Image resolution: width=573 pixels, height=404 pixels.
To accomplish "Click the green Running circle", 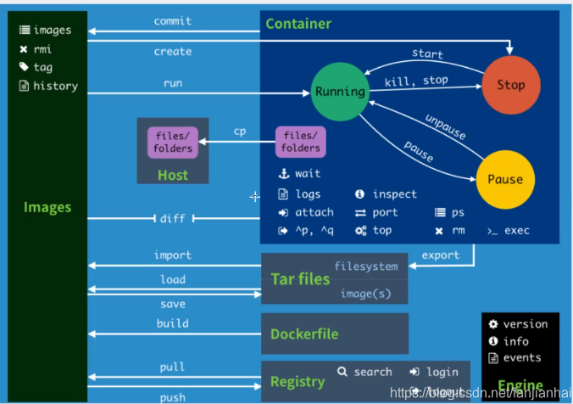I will pos(339,91).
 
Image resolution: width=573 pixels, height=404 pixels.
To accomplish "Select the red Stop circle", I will pos(510,84).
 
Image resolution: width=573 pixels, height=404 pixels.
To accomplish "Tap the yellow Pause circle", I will pos(505,179).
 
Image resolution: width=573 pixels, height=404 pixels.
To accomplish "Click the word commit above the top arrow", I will pos(172,20).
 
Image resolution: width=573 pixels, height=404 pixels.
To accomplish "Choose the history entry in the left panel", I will pos(55,86).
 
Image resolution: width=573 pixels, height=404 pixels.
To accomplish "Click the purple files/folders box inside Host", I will pos(172,143).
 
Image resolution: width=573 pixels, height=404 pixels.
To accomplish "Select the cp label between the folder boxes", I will pos(240,131).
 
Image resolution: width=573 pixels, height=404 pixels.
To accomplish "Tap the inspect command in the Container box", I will pos(394,194).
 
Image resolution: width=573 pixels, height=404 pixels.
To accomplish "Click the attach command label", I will pos(314,212).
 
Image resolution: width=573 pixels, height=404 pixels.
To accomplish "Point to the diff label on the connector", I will pos(172,218).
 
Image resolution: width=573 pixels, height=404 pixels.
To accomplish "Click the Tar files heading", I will pos(300,279).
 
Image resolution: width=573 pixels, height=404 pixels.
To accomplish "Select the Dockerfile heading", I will pos(304,334).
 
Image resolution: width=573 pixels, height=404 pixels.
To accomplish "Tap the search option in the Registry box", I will pos(373,372).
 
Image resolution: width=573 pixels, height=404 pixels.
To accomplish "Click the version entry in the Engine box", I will pos(526,323).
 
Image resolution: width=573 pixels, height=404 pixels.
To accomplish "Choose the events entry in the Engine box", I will pos(522,357).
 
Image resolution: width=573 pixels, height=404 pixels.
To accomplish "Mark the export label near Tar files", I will pos(441,255).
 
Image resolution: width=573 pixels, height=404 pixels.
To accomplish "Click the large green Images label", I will pos(47,207).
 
